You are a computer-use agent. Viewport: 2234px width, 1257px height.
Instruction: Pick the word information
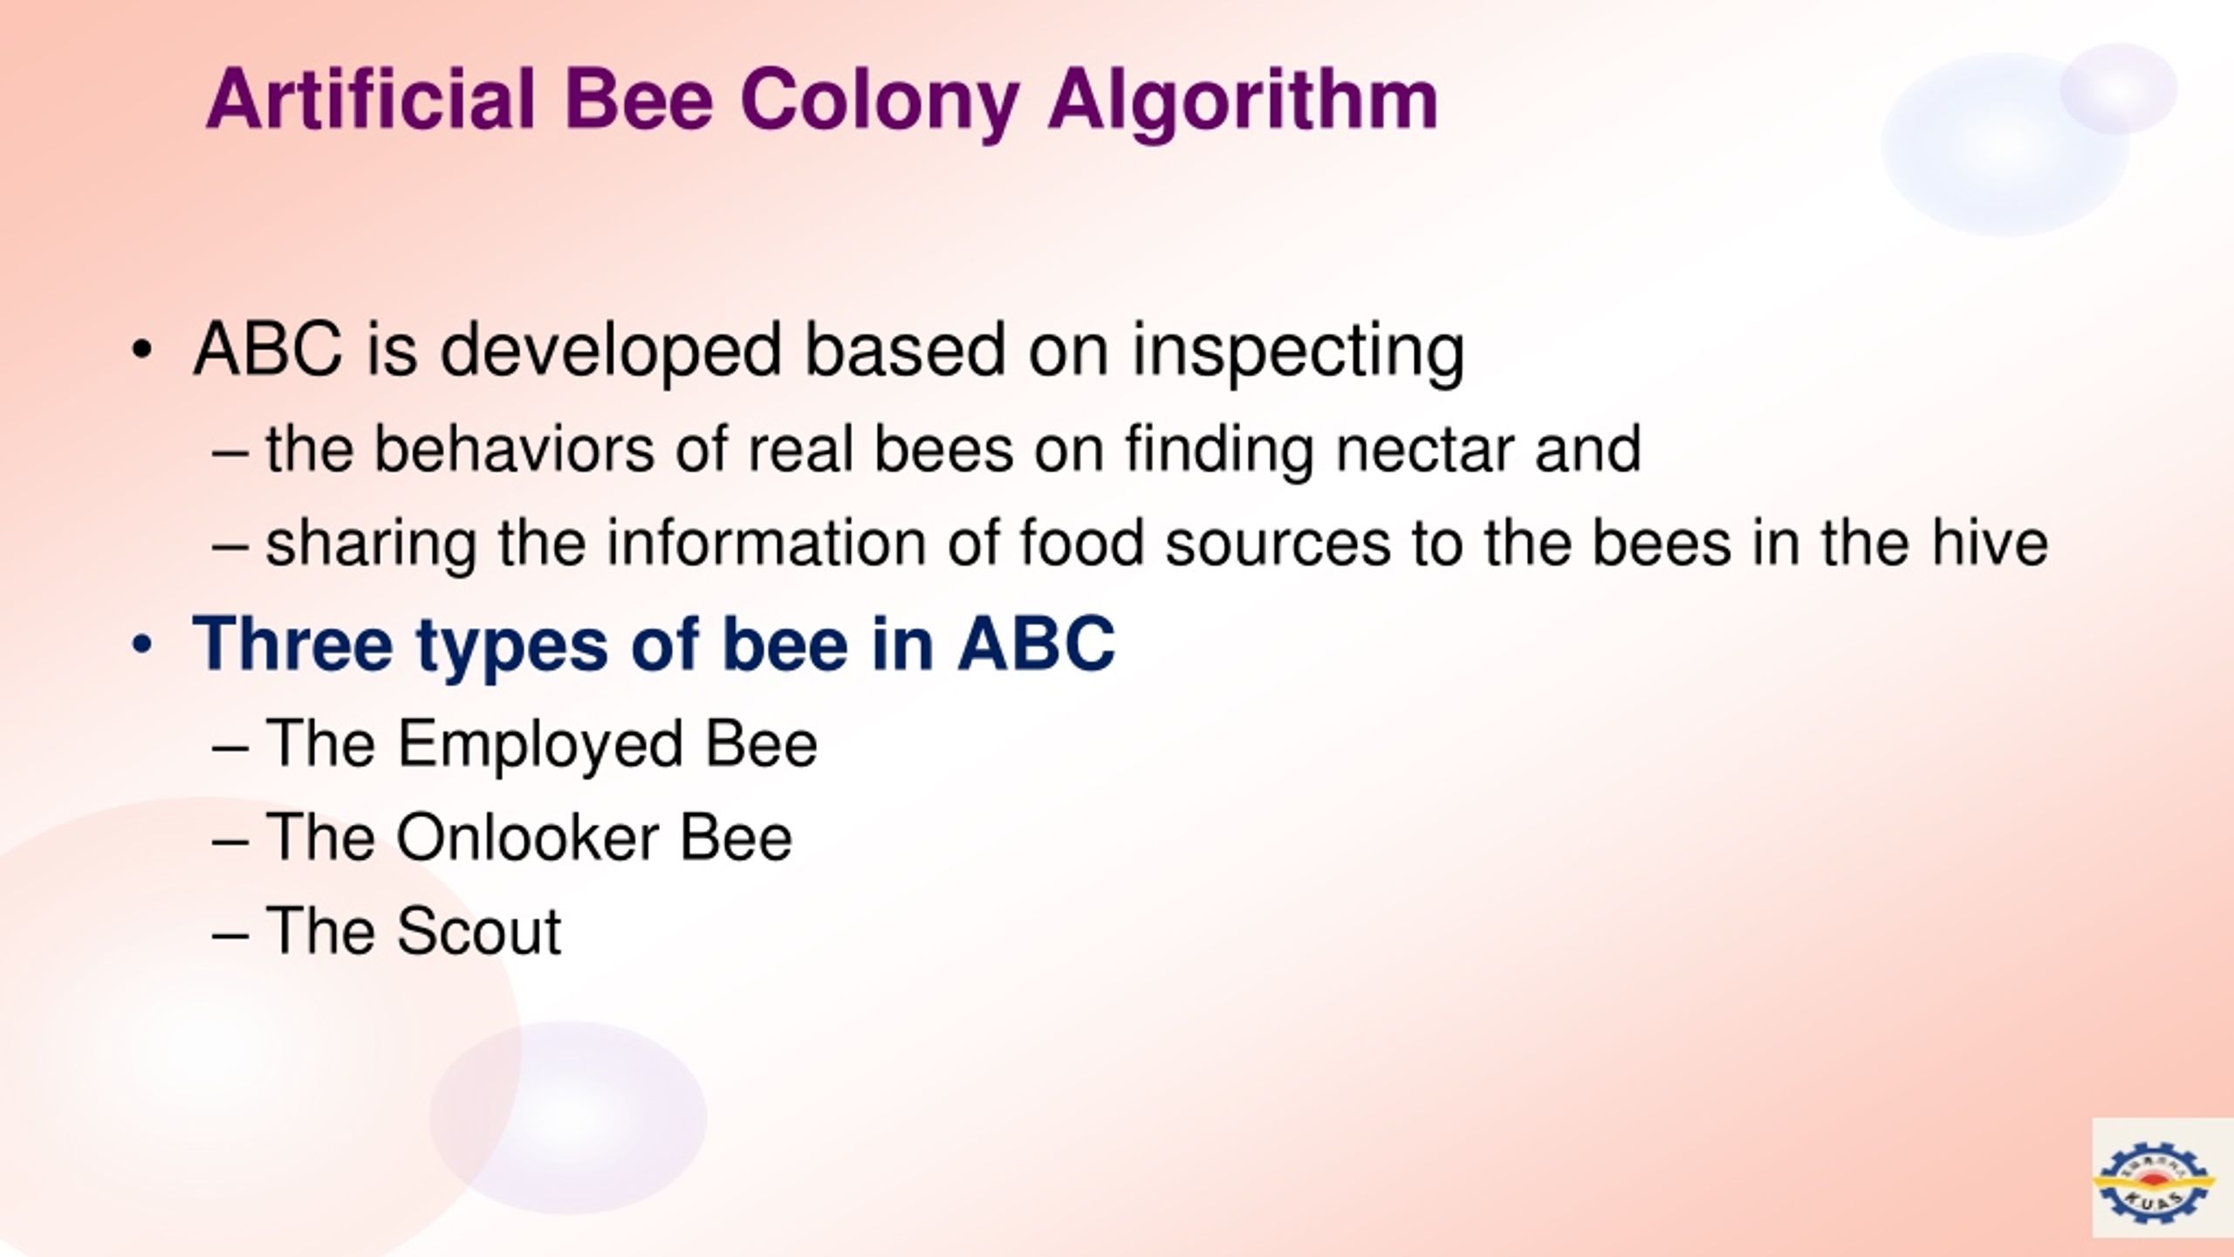[767, 544]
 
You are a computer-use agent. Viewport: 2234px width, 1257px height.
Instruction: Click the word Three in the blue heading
[293, 644]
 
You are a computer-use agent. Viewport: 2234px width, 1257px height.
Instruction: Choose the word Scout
[478, 932]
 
